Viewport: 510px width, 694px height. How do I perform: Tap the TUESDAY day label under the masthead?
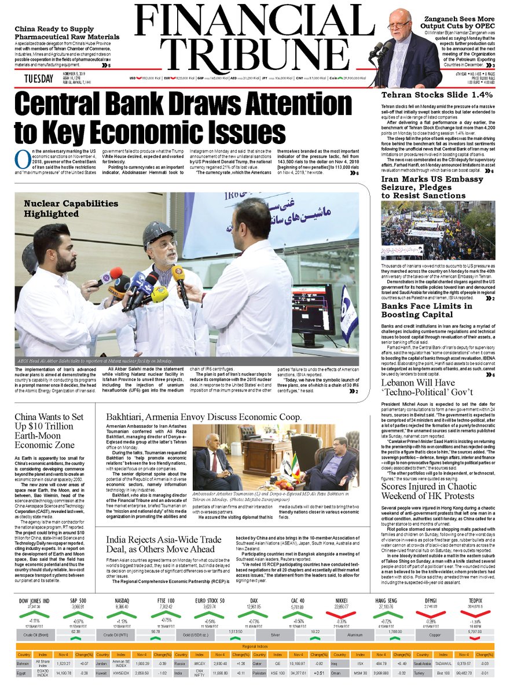(x=39, y=78)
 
